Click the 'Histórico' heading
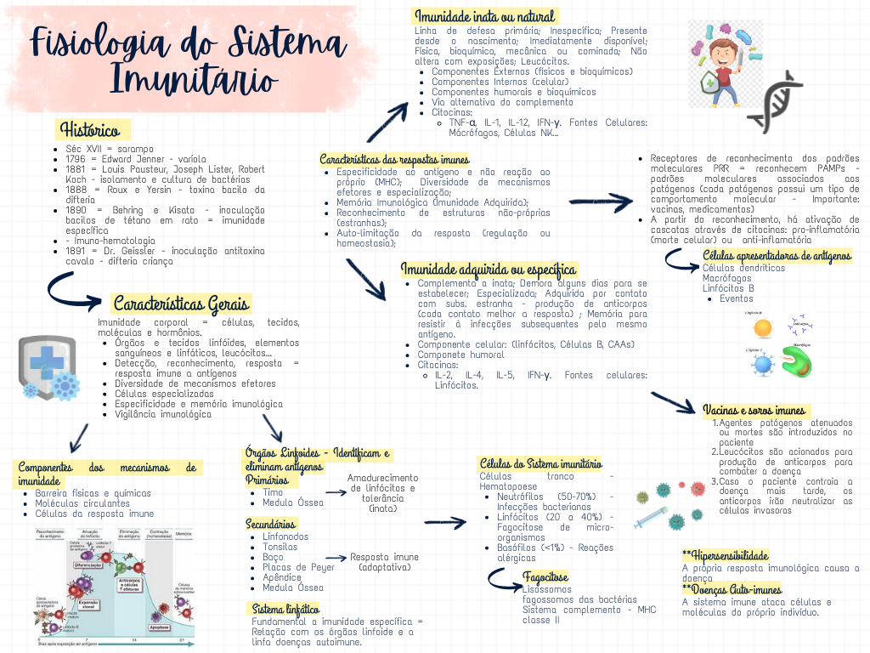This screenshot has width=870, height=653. click(x=89, y=130)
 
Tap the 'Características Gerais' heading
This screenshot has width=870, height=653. click(x=181, y=304)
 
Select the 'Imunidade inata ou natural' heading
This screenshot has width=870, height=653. click(x=484, y=17)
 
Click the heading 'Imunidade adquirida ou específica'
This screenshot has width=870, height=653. click(x=489, y=270)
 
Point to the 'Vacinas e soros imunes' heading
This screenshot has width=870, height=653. click(x=754, y=411)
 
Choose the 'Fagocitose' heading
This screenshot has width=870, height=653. click(x=546, y=577)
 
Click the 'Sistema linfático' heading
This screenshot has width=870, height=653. click(x=285, y=609)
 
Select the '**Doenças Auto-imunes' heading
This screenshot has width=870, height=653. click(x=732, y=589)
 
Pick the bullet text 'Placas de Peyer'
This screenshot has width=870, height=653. click(x=298, y=567)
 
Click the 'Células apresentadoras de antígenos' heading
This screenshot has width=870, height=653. click(x=777, y=256)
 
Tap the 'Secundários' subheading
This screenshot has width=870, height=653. click(x=271, y=524)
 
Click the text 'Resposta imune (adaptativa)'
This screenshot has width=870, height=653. click(x=385, y=562)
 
